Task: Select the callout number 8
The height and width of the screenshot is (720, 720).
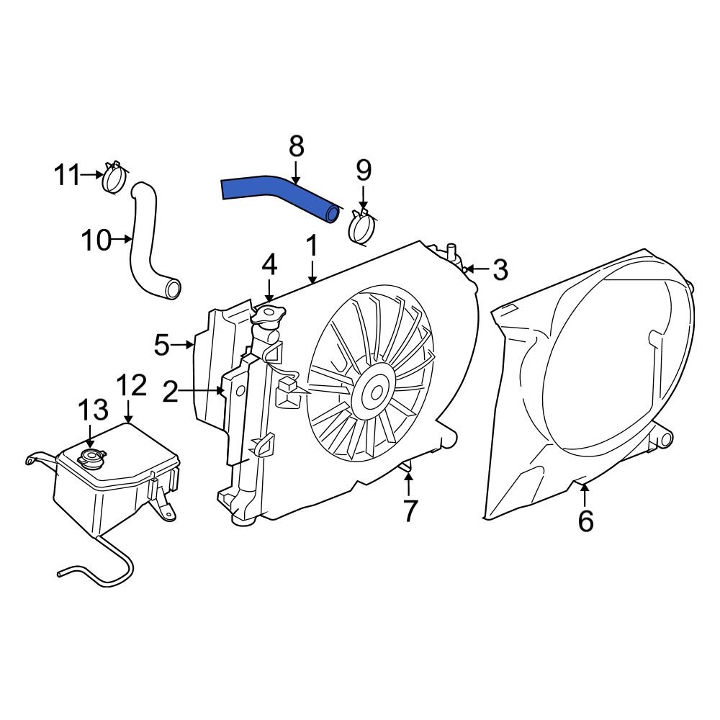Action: pyautogui.click(x=297, y=146)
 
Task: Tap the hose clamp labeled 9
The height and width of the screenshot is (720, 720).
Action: pyautogui.click(x=363, y=227)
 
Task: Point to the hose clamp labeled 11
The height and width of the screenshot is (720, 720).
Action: pyautogui.click(x=114, y=178)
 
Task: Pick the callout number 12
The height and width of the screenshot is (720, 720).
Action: pyautogui.click(x=132, y=387)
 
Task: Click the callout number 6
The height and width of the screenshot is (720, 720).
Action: pyautogui.click(x=585, y=520)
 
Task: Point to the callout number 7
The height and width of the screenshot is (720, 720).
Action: pyautogui.click(x=409, y=510)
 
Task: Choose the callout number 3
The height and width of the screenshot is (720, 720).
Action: pyautogui.click(x=499, y=271)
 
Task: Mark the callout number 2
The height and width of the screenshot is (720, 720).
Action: pyautogui.click(x=171, y=392)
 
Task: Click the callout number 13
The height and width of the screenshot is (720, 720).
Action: pyautogui.click(x=93, y=410)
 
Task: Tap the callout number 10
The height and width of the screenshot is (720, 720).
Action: pyautogui.click(x=95, y=240)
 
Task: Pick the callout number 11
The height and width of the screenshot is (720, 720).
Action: pyautogui.click(x=68, y=174)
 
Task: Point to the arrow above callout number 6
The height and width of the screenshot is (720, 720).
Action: pyautogui.click(x=585, y=494)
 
